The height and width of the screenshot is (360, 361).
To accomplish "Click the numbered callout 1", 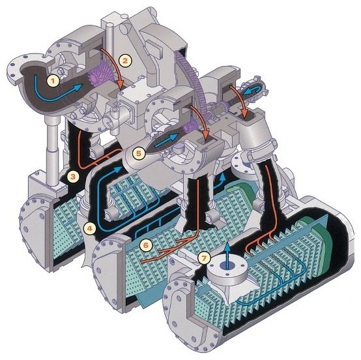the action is coord(53,81).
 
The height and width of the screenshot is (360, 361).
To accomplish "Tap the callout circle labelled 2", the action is coord(125,61).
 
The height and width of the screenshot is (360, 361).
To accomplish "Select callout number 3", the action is coord(73,177).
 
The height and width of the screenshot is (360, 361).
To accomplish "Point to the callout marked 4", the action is coord(89,228).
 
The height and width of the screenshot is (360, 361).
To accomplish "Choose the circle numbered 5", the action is coord(138,153).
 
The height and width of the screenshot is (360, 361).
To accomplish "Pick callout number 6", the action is coord(146,245).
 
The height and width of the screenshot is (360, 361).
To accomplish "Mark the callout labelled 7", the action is coord(204,258).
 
